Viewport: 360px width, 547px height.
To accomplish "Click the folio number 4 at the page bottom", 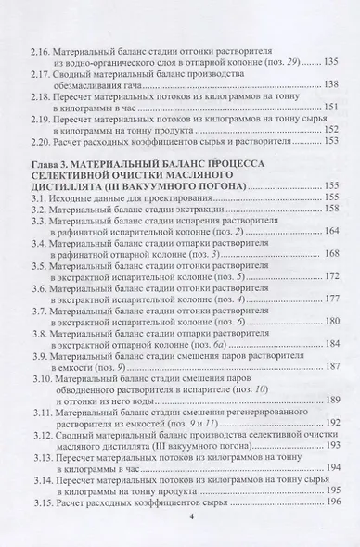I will click(x=177, y=539).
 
